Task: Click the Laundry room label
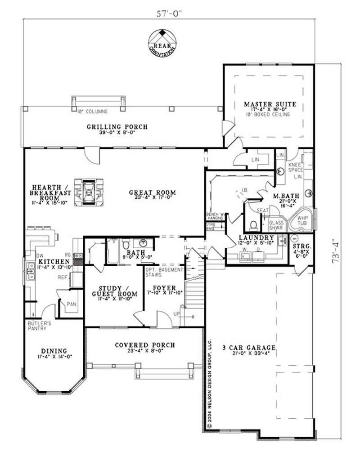pyautogui.click(x=257, y=237)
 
